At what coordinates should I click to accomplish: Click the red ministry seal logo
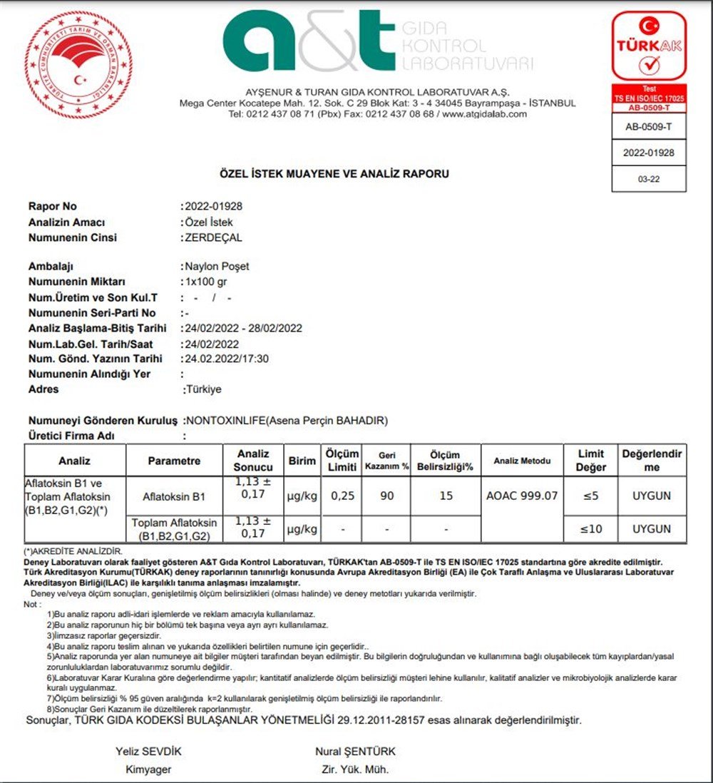pyautogui.click(x=78, y=65)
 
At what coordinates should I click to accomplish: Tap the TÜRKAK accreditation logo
pyautogui.click(x=649, y=47)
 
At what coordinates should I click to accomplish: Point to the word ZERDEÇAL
pyautogui.click(x=213, y=237)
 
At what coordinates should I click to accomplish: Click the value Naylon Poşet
pyautogui.click(x=217, y=267)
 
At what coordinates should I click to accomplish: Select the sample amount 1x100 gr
pyautogui.click(x=207, y=282)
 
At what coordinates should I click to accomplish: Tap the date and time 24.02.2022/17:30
pyautogui.click(x=227, y=359)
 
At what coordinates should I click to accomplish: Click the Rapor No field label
pyautogui.click(x=53, y=207)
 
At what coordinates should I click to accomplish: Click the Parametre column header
pyautogui.click(x=175, y=461)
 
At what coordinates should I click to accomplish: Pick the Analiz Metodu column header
pyautogui.click(x=522, y=461)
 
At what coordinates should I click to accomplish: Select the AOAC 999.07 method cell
pyautogui.click(x=522, y=496)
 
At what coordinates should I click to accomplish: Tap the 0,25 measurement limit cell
pyautogui.click(x=342, y=496)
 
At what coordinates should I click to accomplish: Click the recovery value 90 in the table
pyautogui.click(x=387, y=496)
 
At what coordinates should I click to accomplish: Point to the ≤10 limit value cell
pyautogui.click(x=590, y=529)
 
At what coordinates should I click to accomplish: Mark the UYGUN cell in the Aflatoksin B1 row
pyautogui.click(x=651, y=496)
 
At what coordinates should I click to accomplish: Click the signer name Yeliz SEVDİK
pyautogui.click(x=149, y=752)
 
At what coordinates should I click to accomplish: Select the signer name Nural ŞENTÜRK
pyautogui.click(x=355, y=752)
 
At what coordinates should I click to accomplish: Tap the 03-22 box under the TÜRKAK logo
pyautogui.click(x=649, y=179)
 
